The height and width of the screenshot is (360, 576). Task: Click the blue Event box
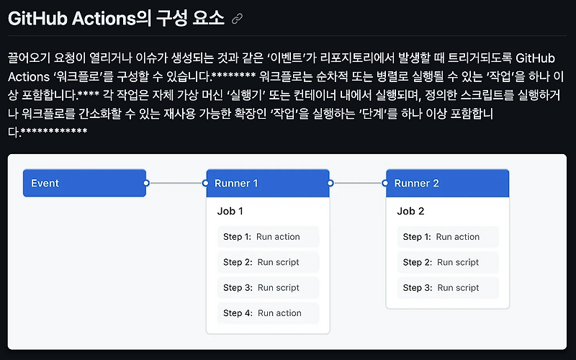point(84,183)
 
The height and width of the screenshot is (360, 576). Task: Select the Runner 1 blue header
point(268,183)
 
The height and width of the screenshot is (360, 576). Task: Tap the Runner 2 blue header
point(448,183)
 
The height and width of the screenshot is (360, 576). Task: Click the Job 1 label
point(230,212)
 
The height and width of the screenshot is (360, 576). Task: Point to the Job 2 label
point(410,212)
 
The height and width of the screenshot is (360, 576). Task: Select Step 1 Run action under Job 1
point(268,237)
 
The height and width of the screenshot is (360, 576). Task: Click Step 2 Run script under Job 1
point(268,262)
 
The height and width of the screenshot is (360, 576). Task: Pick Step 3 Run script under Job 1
point(268,287)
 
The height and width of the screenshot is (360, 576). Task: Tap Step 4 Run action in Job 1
point(268,313)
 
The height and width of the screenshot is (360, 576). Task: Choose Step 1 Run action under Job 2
point(448,237)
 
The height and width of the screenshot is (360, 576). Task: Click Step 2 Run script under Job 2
point(448,262)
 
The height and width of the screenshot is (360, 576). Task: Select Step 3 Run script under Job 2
point(448,287)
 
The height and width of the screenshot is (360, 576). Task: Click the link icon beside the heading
point(237,19)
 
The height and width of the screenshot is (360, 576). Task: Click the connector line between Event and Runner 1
point(176,183)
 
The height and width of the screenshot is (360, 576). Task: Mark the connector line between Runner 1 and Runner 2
point(358,183)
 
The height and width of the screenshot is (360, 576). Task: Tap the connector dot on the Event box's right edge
point(146,183)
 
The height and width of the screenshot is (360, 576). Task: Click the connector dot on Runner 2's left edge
point(386,183)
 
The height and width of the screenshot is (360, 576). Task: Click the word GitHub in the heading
point(37,19)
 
